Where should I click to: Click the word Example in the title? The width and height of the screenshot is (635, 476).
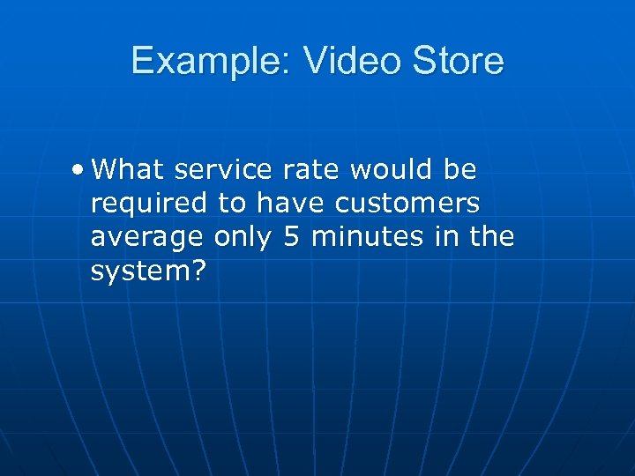click(205, 61)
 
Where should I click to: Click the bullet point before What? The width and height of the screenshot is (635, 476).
click(80, 168)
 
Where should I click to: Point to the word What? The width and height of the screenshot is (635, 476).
click(127, 168)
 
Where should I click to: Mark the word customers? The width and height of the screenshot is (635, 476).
click(407, 204)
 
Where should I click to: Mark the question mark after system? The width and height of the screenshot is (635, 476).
click(198, 271)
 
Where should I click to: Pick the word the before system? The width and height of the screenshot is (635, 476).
click(489, 237)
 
